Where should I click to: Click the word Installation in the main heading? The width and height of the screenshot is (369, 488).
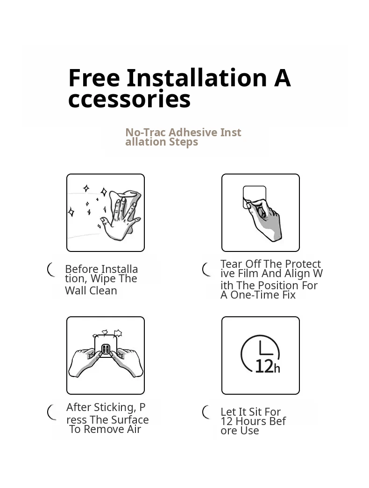point(197,77)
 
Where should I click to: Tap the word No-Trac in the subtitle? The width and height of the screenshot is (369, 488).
point(146,132)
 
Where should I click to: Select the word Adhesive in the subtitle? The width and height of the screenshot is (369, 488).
point(193,132)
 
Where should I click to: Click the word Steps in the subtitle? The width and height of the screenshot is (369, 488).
point(184,142)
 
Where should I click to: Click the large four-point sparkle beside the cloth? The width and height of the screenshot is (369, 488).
point(104,192)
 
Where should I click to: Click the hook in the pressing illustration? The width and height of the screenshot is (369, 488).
point(106,349)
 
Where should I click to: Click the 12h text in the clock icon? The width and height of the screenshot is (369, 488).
point(267,366)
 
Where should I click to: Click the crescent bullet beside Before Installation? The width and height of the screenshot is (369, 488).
point(51,270)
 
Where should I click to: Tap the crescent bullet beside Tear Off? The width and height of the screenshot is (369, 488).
point(206,270)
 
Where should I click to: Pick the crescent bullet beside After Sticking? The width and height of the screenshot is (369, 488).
point(51,412)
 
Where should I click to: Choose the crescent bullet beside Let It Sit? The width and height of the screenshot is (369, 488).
point(206,412)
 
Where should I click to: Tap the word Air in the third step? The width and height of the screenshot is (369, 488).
point(134,430)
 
